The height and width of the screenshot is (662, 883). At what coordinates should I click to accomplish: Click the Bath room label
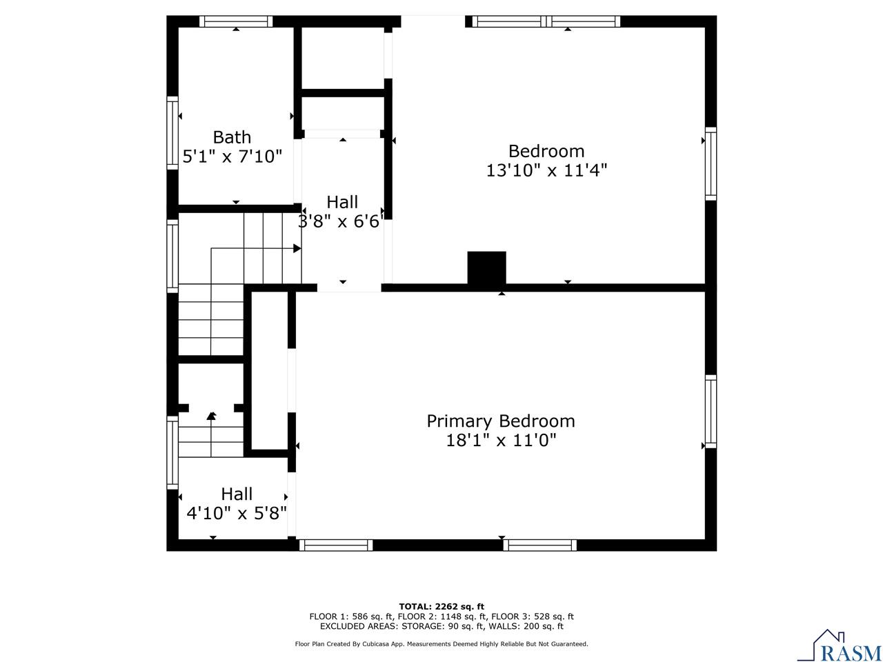pos(232,137)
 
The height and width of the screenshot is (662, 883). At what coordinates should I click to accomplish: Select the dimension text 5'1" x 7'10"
pos(232,157)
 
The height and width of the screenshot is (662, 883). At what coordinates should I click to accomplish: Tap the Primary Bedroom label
pos(501,421)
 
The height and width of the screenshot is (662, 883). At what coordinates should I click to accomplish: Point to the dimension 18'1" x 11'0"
pos(501,440)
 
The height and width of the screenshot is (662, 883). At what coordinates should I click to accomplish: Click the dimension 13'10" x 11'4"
pos(546,170)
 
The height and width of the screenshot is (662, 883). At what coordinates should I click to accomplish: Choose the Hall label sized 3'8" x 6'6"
pos(342,202)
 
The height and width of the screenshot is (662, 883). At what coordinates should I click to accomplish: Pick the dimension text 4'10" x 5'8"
pos(237,513)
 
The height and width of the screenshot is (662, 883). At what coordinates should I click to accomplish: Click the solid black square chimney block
pos(486,268)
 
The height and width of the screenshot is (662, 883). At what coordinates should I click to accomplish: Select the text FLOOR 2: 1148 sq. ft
pos(442,616)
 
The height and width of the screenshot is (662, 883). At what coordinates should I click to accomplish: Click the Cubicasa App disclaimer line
pos(441,643)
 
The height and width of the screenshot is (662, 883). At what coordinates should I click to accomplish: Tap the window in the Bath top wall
pos(236,21)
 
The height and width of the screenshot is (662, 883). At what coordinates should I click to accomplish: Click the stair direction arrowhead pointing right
pos(297,248)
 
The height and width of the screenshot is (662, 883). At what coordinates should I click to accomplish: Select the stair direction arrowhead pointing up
pos(211,415)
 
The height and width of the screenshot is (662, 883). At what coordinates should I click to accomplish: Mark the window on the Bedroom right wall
pos(711,163)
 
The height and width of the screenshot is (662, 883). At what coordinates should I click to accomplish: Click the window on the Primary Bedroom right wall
pos(711,411)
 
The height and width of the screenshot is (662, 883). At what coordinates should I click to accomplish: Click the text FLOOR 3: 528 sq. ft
pos(532,616)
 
